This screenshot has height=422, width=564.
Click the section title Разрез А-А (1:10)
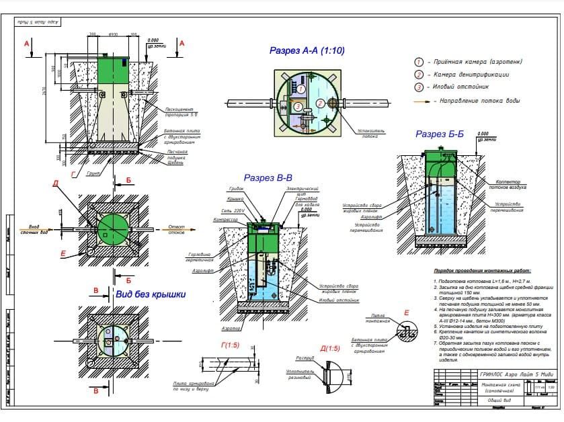click(306, 50)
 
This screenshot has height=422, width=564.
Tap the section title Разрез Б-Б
click(440, 134)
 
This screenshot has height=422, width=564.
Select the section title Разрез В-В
click(267, 178)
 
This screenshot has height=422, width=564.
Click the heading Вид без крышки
click(151, 294)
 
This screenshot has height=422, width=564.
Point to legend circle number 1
click(419, 61)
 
